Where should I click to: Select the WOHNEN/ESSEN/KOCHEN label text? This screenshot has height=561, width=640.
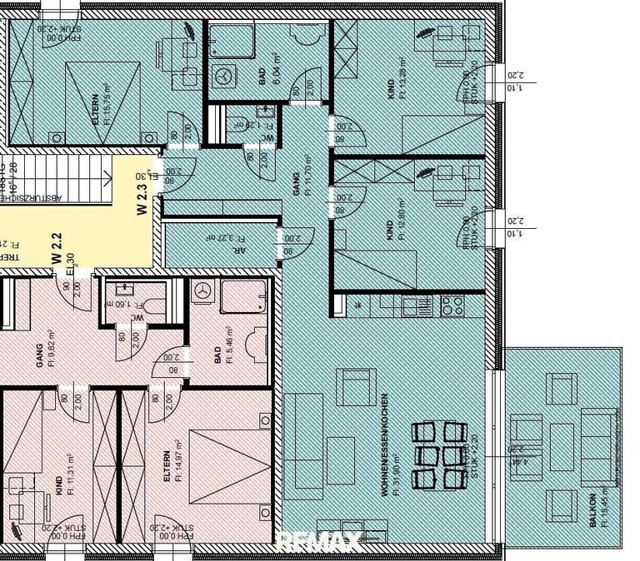coord(385,445)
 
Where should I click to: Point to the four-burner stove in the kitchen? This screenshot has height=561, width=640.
coord(451,305)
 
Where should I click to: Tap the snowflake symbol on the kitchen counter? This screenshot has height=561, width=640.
coord(359,305)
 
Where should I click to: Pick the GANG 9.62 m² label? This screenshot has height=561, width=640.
coord(42,355)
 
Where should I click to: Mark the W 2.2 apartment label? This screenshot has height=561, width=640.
coord(57,248)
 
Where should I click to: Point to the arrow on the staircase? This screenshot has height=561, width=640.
coord(107,177)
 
